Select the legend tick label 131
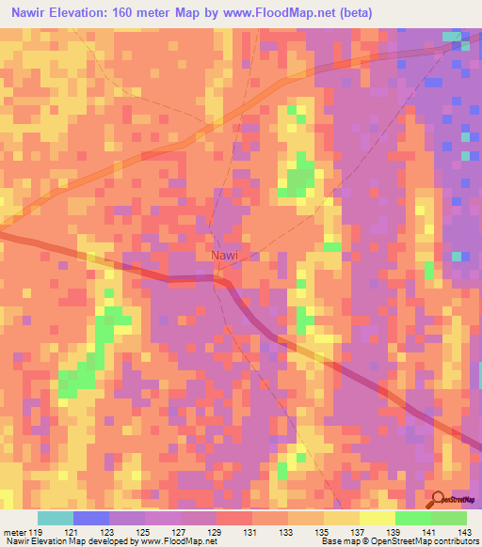coord(251,533)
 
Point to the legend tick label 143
coord(466,533)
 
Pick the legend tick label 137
coord(359,533)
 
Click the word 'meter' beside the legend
coord(13,533)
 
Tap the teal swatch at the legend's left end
coord(55,518)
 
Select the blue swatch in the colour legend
coord(90,518)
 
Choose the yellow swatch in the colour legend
coord(377,518)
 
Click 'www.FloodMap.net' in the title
coord(287,13)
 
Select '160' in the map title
coord(141,13)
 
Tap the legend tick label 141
coord(430,533)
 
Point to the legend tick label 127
coord(180,533)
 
